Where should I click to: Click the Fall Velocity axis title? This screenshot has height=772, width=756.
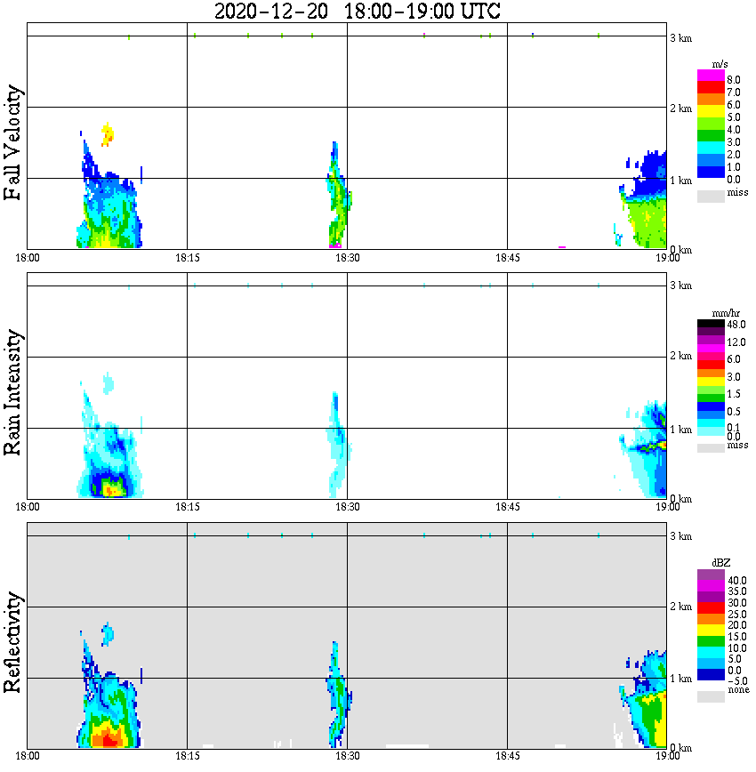tap(13, 143)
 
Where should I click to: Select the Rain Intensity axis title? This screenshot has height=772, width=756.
tap(13, 392)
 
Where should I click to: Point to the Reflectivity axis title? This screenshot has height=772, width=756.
tap(13, 642)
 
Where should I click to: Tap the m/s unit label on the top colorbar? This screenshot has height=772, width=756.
tap(721, 64)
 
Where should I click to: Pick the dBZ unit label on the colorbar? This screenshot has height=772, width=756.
tap(722, 563)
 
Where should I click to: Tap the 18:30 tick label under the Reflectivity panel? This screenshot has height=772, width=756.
tap(347, 757)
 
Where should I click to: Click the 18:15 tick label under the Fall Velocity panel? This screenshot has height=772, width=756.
tap(187, 259)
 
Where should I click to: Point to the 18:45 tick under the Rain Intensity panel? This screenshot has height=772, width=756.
tap(507, 508)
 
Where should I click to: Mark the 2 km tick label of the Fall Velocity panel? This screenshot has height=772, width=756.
tap(680, 109)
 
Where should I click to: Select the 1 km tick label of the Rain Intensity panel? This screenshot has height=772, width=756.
tap(680, 430)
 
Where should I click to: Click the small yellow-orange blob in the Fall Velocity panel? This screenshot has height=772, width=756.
tap(108, 134)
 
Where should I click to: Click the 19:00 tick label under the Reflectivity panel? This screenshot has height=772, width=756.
tap(667, 757)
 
